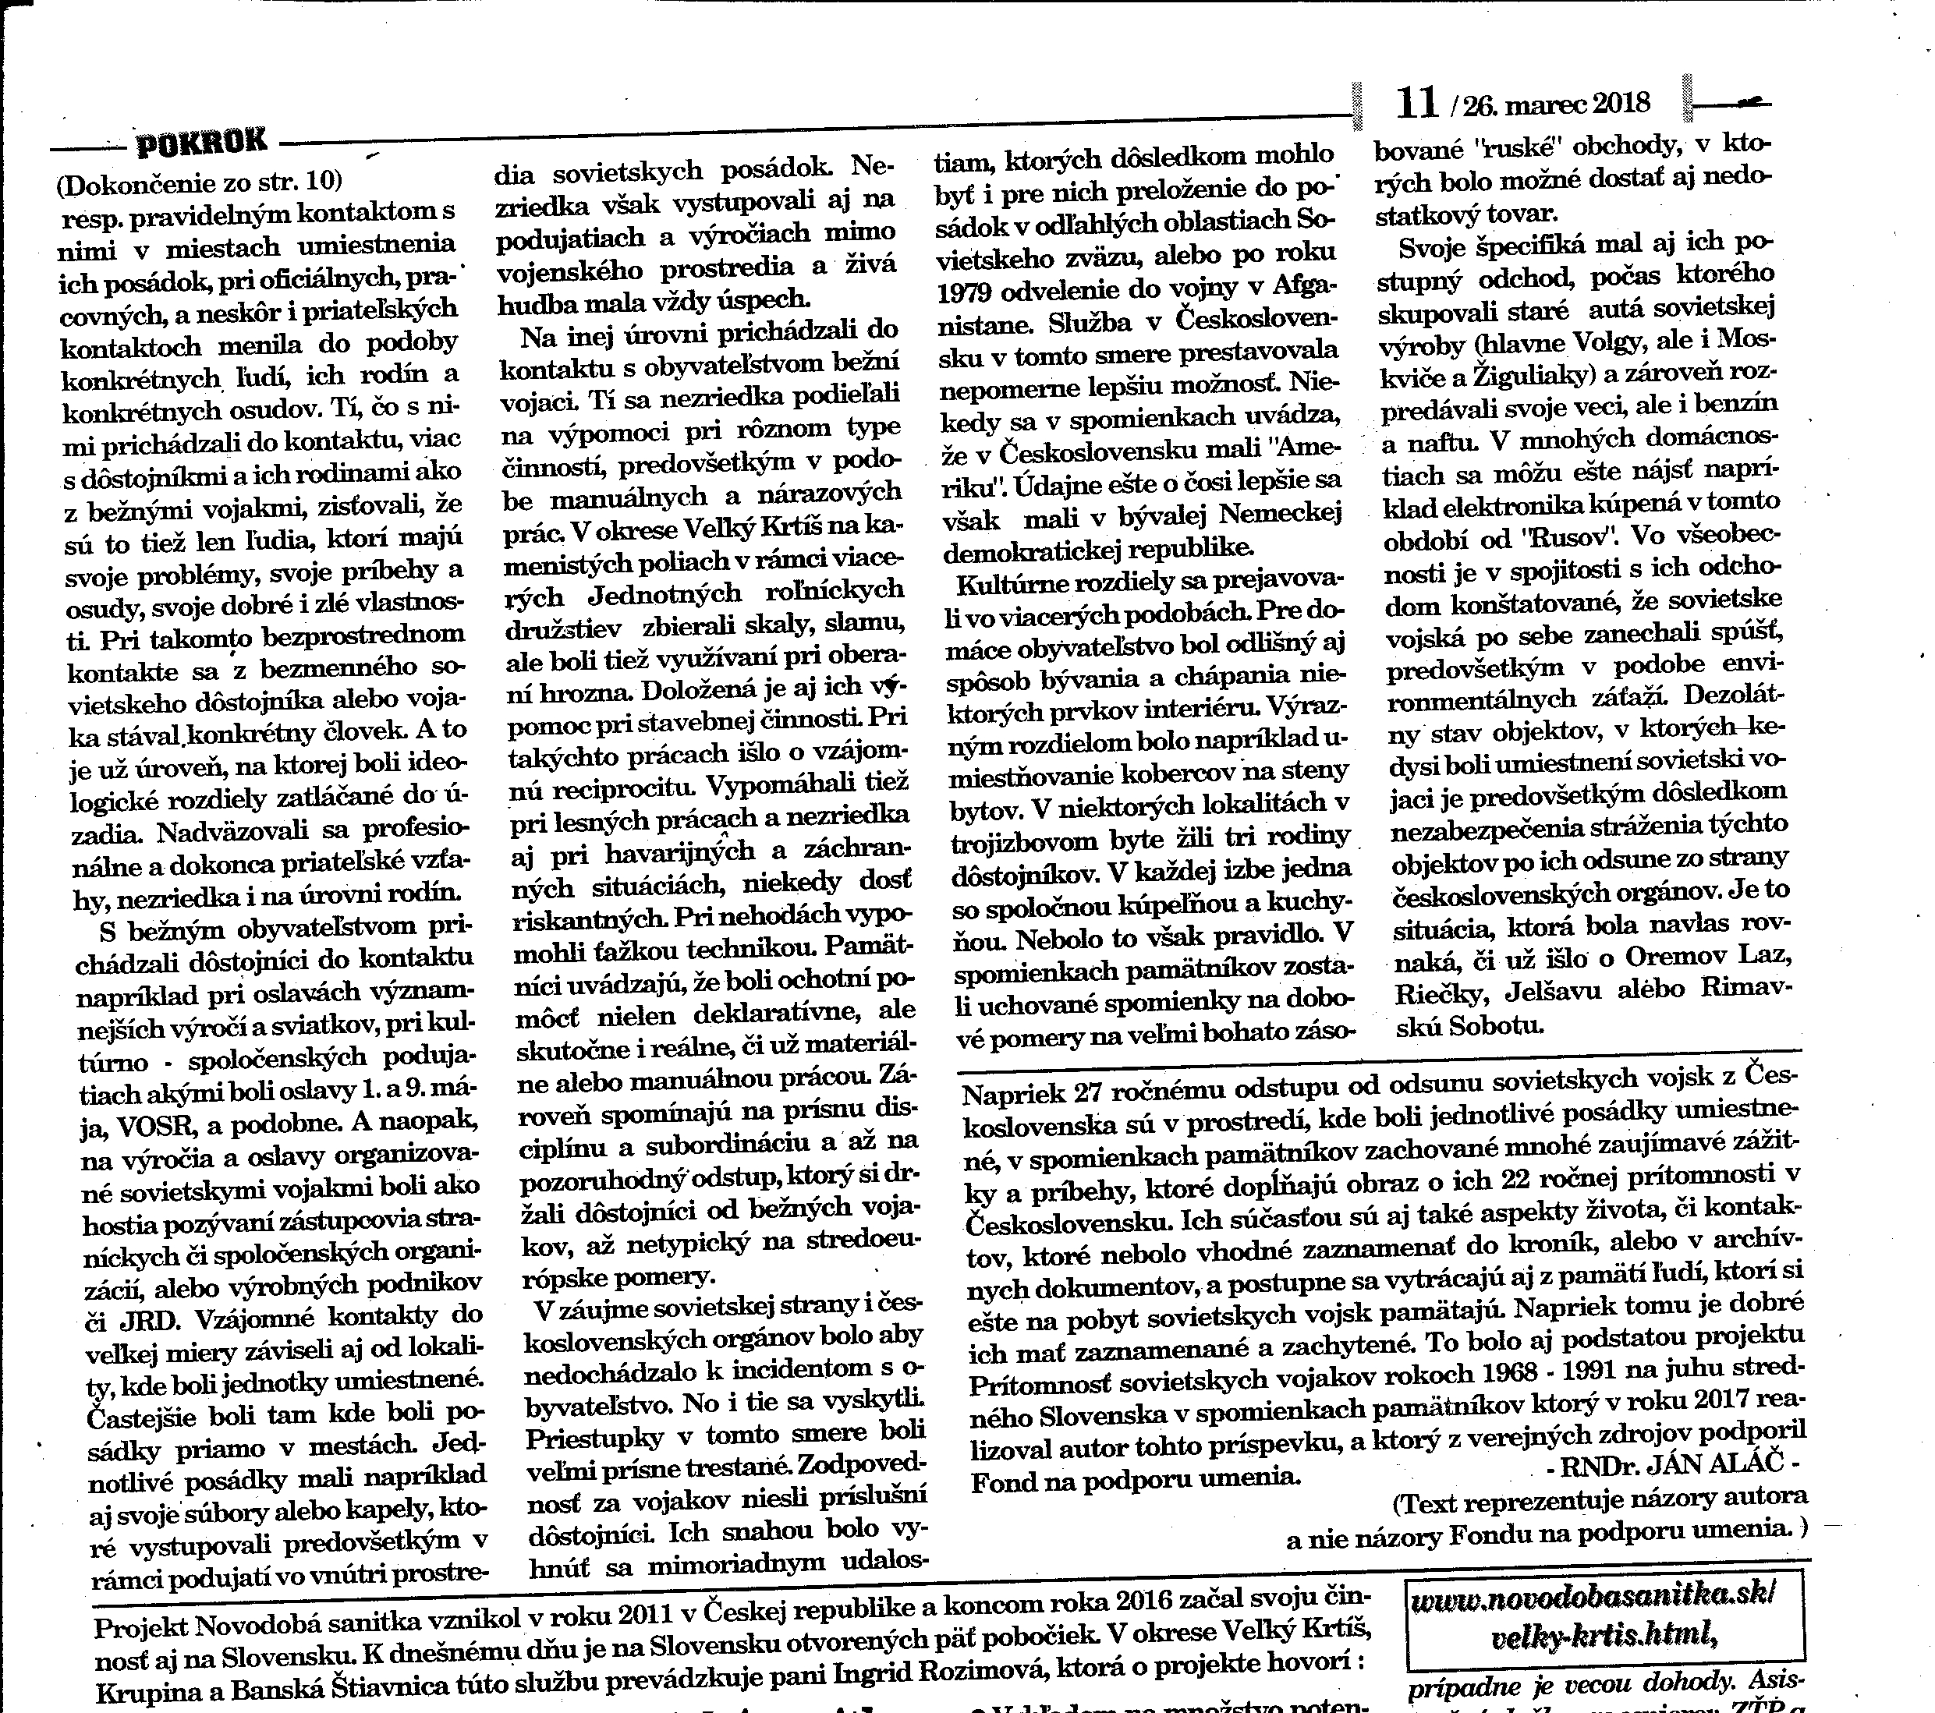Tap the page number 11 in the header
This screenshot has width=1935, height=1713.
pyautogui.click(x=1417, y=103)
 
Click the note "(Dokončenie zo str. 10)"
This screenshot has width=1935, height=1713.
pyautogui.click(x=200, y=182)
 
